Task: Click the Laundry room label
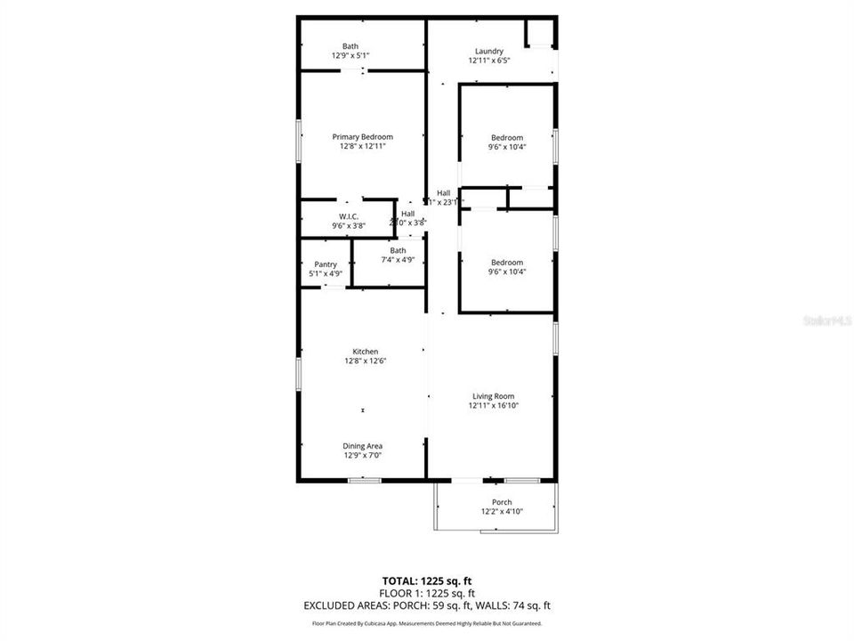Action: pyautogui.click(x=489, y=51)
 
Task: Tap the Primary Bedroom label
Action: pyautogui.click(x=362, y=136)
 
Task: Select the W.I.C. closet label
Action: pyautogui.click(x=349, y=216)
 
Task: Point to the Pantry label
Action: pyautogui.click(x=326, y=264)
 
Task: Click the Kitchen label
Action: pyautogui.click(x=365, y=352)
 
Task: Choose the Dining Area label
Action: pyautogui.click(x=363, y=446)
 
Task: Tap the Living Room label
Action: pyautogui.click(x=493, y=396)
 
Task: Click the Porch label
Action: pyautogui.click(x=502, y=502)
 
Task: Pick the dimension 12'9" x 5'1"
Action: pyautogui.click(x=350, y=55)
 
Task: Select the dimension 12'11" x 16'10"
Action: pyautogui.click(x=493, y=406)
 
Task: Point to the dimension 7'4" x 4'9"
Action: pyautogui.click(x=398, y=260)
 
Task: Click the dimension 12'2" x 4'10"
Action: pyautogui.click(x=502, y=511)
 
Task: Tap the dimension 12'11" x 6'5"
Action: pyautogui.click(x=489, y=61)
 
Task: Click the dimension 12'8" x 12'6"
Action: pyautogui.click(x=365, y=361)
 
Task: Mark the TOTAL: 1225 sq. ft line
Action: pyautogui.click(x=427, y=580)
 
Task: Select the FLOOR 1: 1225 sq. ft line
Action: pyautogui.click(x=427, y=593)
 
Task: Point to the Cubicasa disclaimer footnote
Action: pyautogui.click(x=427, y=624)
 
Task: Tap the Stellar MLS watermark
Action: pyautogui.click(x=827, y=318)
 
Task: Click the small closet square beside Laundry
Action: pyautogui.click(x=540, y=32)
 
